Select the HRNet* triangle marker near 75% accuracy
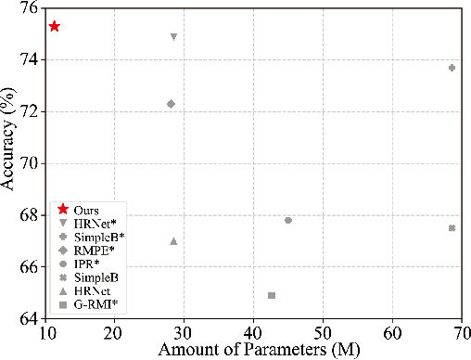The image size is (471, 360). click(x=173, y=37)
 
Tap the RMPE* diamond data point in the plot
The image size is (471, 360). click(x=171, y=104)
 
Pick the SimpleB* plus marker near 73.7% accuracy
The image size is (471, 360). click(x=452, y=68)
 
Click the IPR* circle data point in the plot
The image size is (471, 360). click(x=288, y=220)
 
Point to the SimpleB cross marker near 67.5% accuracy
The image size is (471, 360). click(x=452, y=228)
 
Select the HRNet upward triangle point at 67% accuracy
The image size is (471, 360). click(x=173, y=241)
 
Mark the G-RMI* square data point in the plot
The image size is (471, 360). click(x=272, y=295)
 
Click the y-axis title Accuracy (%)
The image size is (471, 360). click(x=8, y=163)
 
